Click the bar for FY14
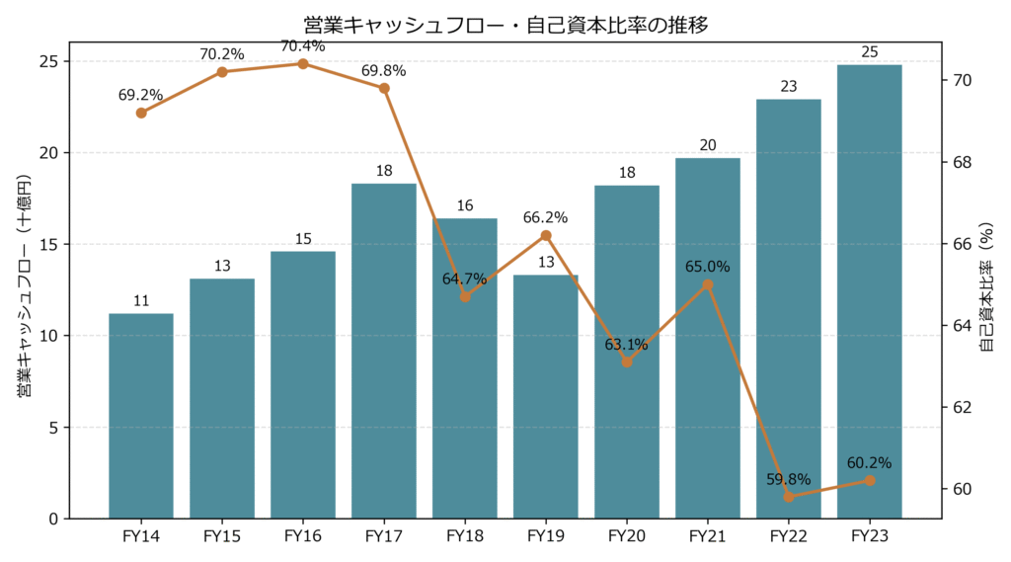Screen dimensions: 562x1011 pos(141,415)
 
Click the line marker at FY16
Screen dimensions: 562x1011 pos(303,64)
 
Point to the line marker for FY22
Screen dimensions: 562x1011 pos(789,497)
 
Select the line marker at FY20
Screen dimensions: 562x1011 pos(627,361)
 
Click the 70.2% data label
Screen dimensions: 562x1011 pos(222,54)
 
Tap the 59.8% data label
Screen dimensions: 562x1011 pos(789,479)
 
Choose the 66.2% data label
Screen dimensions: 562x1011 pos(546,217)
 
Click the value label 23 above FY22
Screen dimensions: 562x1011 pos(789,87)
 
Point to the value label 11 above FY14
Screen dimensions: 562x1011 pos(141,301)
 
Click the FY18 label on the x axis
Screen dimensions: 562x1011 pos(465,536)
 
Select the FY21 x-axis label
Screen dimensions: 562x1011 pos(708,536)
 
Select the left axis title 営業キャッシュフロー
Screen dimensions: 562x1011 pos(25,286)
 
